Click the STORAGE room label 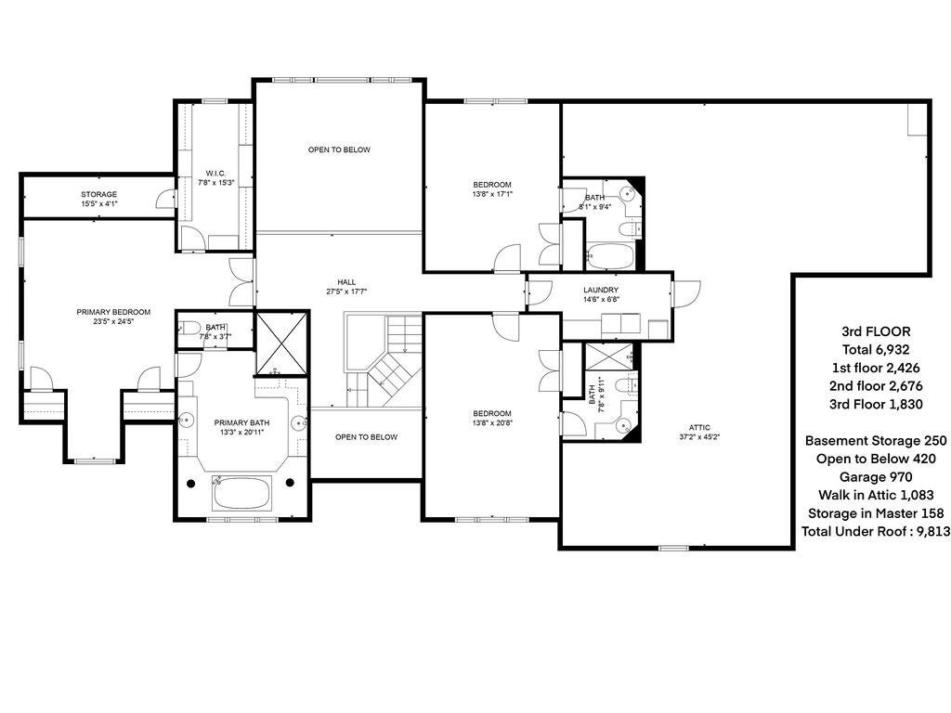[x=98, y=194]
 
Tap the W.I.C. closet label [x=215, y=174]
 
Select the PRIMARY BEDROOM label [x=113, y=312]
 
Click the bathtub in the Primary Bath [x=241, y=493]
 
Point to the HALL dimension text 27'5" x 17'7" [x=346, y=292]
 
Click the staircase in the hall [x=384, y=360]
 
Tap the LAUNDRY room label [x=601, y=290]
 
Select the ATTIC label [x=700, y=427]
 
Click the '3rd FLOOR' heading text [x=876, y=331]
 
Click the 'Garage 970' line [x=875, y=477]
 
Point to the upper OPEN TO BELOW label [x=340, y=149]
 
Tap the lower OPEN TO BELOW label [x=366, y=437]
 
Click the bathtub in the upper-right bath [x=610, y=254]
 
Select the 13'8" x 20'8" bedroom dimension [x=491, y=423]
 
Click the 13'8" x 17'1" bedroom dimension [x=492, y=194]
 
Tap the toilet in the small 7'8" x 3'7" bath [x=189, y=328]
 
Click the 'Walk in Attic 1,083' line [x=875, y=496]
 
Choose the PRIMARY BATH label [x=241, y=422]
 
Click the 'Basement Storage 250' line [x=875, y=441]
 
